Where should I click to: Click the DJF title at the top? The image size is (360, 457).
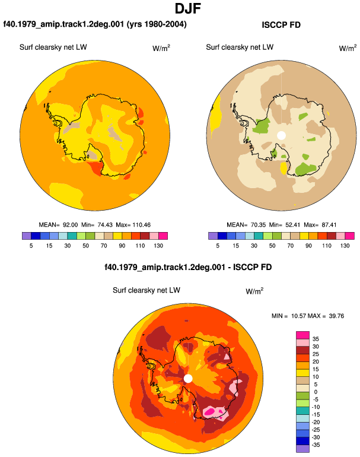[188, 8]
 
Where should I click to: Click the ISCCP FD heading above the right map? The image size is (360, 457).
[281, 25]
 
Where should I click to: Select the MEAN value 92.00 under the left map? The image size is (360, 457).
[70, 225]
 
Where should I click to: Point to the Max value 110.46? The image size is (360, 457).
[142, 225]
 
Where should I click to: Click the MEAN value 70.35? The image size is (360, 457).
[258, 225]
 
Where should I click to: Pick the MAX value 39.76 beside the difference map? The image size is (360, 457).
[336, 316]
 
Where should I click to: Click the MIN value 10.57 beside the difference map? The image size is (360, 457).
[299, 316]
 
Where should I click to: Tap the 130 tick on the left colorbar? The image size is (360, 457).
[158, 246]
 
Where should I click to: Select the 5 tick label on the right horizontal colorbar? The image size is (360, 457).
[218, 246]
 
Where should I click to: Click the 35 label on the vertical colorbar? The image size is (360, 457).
[316, 339]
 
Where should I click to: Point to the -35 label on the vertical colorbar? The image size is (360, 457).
[316, 445]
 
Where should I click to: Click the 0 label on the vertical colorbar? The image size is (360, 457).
[316, 392]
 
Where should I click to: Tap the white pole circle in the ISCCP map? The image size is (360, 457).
[281, 135]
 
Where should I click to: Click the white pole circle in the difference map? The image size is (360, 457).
[188, 379]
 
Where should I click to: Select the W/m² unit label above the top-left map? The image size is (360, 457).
[161, 48]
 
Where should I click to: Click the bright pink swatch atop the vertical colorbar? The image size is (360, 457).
[302, 335]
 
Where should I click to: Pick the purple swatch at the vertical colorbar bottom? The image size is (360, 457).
[302, 449]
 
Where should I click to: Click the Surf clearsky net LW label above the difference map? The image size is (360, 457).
[146, 290]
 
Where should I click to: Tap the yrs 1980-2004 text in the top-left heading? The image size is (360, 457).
[157, 24]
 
